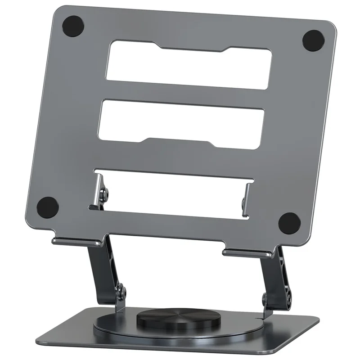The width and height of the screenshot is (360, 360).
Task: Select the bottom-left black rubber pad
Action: (x=48, y=207)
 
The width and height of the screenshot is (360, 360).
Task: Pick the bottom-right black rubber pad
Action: (x=289, y=223)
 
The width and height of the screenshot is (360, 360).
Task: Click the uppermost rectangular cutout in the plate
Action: (x=189, y=63)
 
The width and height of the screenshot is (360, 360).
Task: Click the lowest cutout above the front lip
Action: (x=173, y=191)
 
